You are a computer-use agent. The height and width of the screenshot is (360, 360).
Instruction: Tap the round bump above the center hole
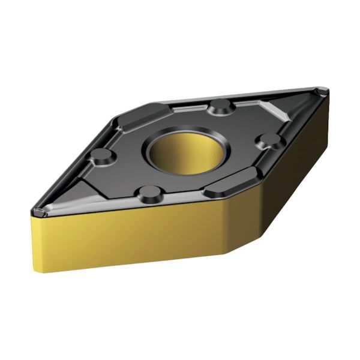[221, 107]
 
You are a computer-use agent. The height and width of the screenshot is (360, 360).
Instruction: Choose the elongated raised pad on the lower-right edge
[234, 183]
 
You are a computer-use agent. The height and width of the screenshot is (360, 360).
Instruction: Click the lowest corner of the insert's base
[224, 253]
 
